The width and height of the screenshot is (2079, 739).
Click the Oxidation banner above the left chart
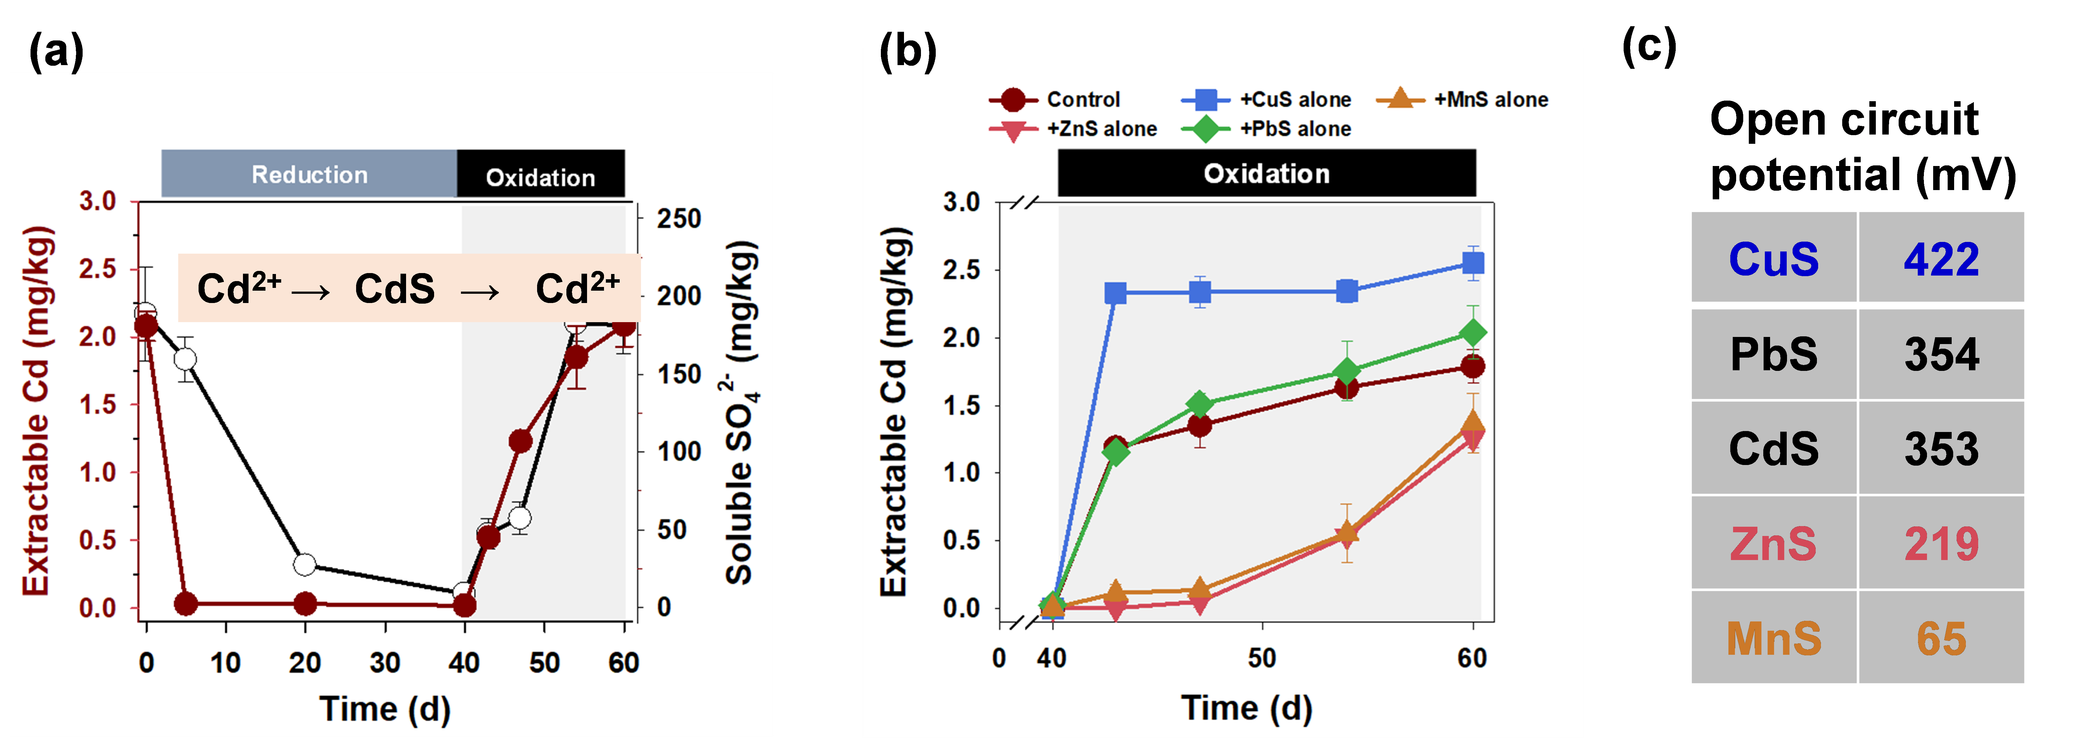pyautogui.click(x=540, y=177)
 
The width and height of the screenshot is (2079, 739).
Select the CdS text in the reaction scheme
pyautogui.click(x=395, y=288)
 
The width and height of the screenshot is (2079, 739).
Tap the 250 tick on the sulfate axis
pyautogui.click(x=678, y=219)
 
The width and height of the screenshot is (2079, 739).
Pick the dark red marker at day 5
pyautogui.click(x=186, y=603)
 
